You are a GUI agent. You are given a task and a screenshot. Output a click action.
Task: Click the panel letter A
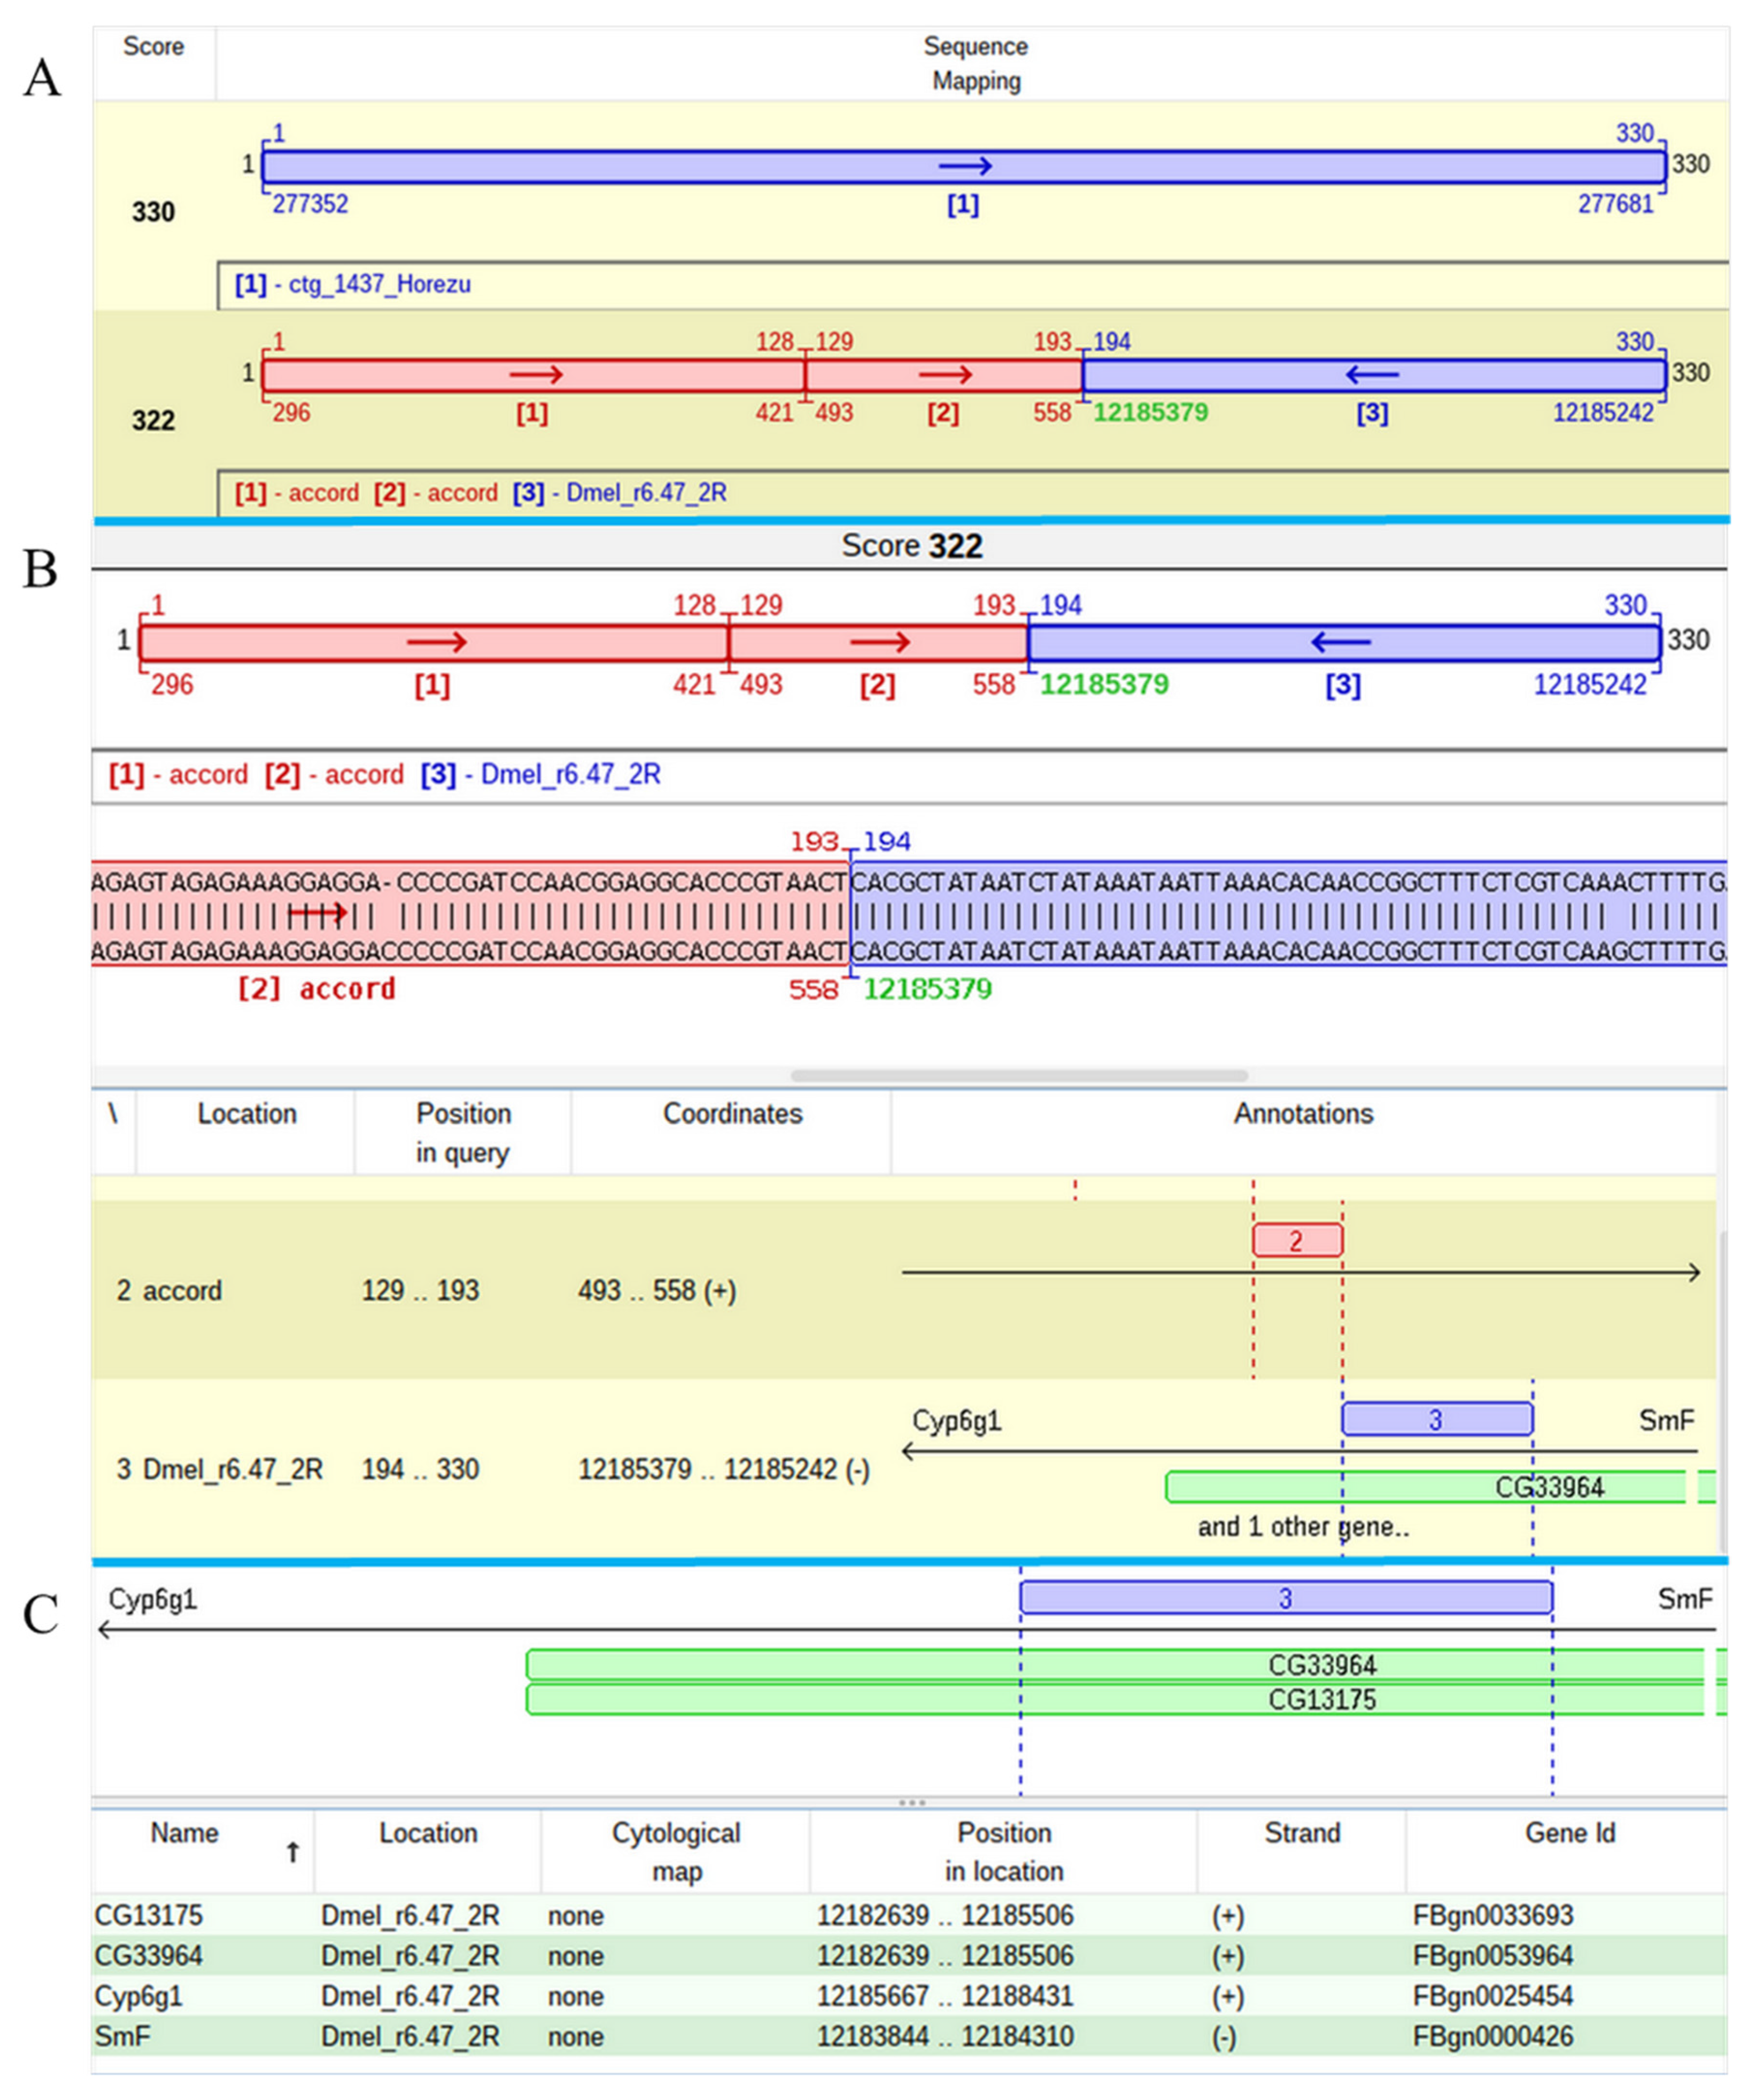(42, 77)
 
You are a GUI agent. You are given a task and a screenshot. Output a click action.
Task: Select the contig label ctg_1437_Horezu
(379, 285)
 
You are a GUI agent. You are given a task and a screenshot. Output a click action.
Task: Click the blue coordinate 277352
(311, 204)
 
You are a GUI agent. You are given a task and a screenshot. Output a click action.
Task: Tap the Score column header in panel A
(153, 47)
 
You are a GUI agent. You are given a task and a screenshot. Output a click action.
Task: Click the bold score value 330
(153, 212)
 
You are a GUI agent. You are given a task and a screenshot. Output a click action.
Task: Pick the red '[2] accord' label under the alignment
(316, 989)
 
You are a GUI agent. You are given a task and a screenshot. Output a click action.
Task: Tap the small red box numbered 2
(1296, 1241)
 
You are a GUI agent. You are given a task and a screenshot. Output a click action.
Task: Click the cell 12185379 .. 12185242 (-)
(724, 1470)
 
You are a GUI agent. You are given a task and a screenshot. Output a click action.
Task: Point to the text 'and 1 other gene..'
(1303, 1526)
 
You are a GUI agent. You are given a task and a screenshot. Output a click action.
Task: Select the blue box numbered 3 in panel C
(1285, 1598)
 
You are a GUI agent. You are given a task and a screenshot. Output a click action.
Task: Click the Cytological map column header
(676, 1852)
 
